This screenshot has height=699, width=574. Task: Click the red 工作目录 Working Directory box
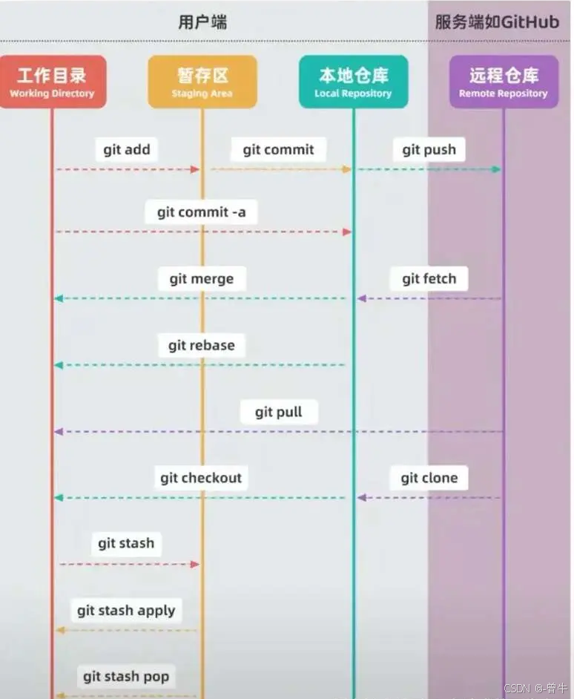pyautogui.click(x=52, y=82)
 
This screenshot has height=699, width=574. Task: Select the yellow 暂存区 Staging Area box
pyautogui.click(x=202, y=82)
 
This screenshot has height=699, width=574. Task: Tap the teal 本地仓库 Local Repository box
pyautogui.click(x=353, y=82)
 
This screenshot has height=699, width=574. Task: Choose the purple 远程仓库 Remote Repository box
pyautogui.click(x=504, y=82)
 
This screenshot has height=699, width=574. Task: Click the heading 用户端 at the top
pyautogui.click(x=202, y=22)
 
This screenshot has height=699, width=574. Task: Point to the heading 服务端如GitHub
pyautogui.click(x=496, y=22)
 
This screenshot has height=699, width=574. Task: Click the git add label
pyautogui.click(x=127, y=149)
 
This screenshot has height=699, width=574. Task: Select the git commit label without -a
pyautogui.click(x=278, y=149)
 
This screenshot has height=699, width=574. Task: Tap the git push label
pyautogui.click(x=429, y=149)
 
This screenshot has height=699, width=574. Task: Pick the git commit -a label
pyautogui.click(x=201, y=212)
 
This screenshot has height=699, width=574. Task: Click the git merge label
pyautogui.click(x=201, y=279)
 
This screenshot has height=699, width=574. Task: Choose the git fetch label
pyautogui.click(x=429, y=279)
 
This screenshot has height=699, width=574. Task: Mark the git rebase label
pyautogui.click(x=201, y=345)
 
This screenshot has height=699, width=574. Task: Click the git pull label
pyautogui.click(x=278, y=412)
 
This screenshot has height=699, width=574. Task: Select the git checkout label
pyautogui.click(x=201, y=477)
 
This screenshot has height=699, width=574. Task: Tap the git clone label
pyautogui.click(x=429, y=477)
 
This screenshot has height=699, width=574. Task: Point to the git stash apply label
pyautogui.click(x=126, y=611)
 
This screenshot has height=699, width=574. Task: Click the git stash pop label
pyautogui.click(x=126, y=676)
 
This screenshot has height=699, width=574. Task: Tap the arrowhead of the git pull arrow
pyautogui.click(x=59, y=431)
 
